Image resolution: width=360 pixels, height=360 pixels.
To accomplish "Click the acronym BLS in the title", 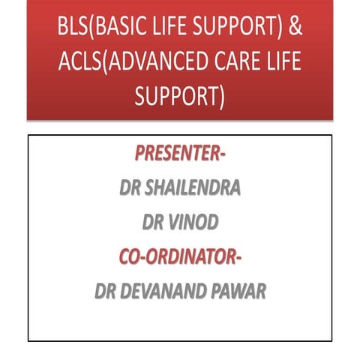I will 72,28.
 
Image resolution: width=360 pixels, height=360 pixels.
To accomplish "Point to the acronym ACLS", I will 81,62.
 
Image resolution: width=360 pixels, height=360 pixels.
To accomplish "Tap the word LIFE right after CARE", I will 283,62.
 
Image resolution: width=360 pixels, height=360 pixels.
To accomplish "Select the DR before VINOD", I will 153,223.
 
